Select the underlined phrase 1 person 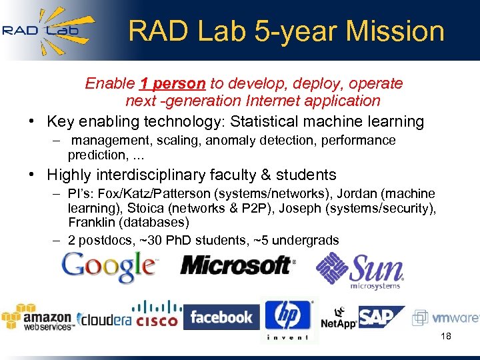tap(173, 84)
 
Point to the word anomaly tap(234, 141)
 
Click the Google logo tap(109, 267)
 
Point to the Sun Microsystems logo tap(360, 271)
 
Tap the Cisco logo tap(157, 314)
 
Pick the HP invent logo tap(288, 319)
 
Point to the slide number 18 tap(446, 336)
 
